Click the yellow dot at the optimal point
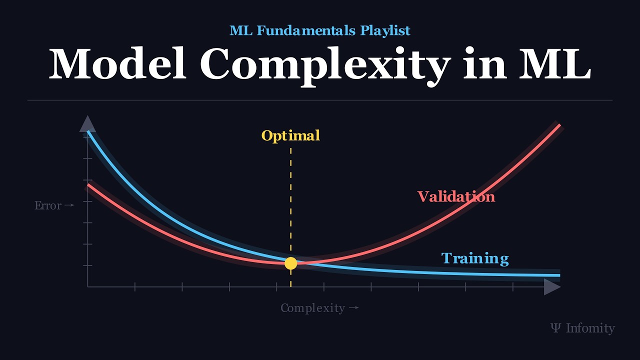tap(290, 263)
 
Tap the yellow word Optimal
tap(290, 135)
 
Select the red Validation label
tap(456, 196)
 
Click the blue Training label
tap(474, 258)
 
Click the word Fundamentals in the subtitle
tap(307, 30)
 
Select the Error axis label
tap(48, 205)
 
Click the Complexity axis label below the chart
tap(312, 308)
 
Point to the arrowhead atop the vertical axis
tap(87, 123)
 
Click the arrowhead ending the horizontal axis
tap(552, 287)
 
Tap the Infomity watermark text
tap(590, 328)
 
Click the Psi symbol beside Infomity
tap(555, 328)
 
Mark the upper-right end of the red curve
tap(559, 125)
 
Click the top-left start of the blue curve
tap(88, 132)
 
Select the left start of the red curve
tap(88, 185)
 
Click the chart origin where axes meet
tap(87, 287)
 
